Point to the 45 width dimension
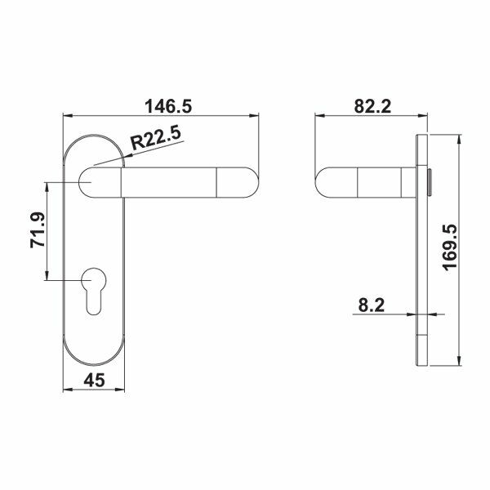click(x=96, y=381)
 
